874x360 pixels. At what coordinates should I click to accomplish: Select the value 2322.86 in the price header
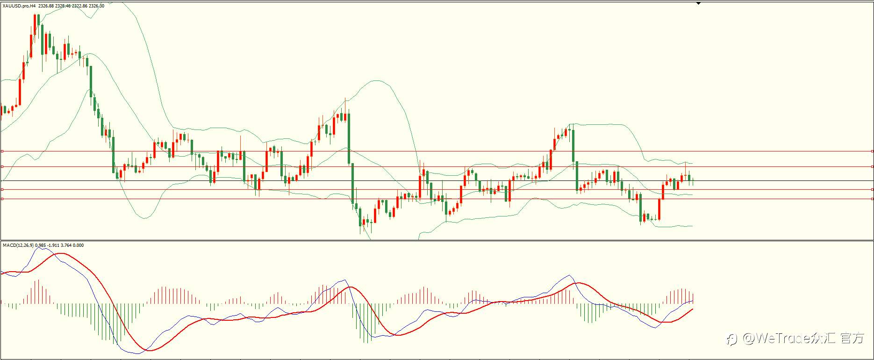79,6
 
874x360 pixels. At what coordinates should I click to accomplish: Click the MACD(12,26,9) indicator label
18,245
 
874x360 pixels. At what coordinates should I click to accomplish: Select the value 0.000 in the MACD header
79,245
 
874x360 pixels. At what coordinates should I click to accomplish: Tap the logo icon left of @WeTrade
732,339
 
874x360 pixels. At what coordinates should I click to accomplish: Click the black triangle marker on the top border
698,3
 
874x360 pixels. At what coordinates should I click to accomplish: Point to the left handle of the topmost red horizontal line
2,151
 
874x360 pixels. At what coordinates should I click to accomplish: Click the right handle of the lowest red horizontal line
872,199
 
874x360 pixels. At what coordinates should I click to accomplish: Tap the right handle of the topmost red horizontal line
872,151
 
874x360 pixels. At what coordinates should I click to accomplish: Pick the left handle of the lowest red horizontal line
2,199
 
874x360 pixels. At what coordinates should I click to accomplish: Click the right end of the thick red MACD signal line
693,309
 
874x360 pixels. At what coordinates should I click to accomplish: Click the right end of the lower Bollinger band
693,226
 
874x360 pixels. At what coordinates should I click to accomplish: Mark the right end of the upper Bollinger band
693,163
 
